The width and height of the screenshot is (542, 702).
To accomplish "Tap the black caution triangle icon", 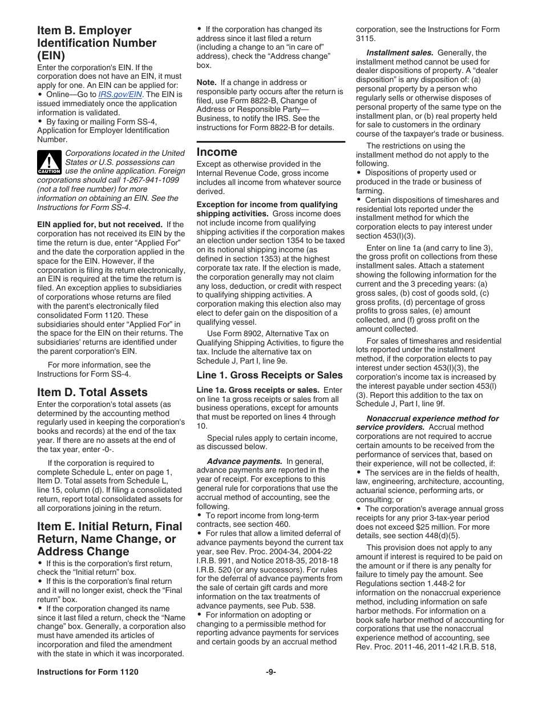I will point(49,162).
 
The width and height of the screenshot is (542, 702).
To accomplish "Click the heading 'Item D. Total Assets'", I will point(92,392).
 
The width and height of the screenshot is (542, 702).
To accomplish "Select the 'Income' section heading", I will point(217,152).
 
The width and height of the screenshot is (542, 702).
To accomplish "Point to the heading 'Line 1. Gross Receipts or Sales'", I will point(269,375).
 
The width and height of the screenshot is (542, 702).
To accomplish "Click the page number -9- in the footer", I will point(270,672).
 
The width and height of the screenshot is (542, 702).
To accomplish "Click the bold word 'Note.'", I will point(207,82).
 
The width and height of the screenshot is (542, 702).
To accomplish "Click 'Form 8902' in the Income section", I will point(242,333).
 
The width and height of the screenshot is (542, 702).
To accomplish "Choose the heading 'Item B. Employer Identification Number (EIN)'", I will point(97,43).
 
